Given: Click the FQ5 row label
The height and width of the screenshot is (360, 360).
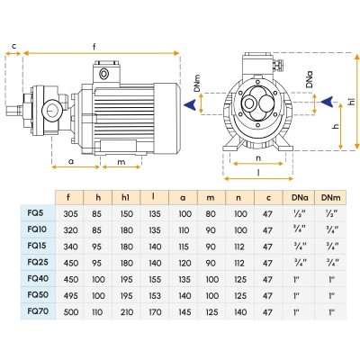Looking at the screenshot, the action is tap(35, 213).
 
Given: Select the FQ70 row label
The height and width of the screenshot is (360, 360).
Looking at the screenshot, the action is tap(38, 311).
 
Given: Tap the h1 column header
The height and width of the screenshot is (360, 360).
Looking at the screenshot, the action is tap(126, 198).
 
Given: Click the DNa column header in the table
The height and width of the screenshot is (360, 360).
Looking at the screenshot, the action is tap(298, 198).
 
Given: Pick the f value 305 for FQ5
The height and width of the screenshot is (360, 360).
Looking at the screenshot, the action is tap(70, 214).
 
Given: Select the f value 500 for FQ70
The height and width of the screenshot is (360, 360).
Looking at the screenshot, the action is tap(71, 312).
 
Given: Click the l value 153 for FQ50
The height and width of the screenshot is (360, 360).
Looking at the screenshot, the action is tap(155, 296).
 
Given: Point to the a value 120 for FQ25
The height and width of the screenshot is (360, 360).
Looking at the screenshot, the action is tap(184, 263).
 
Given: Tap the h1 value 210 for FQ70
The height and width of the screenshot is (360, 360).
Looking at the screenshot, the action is tap(127, 312).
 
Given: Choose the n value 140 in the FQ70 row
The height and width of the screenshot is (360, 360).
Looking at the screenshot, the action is tap(240, 312).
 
